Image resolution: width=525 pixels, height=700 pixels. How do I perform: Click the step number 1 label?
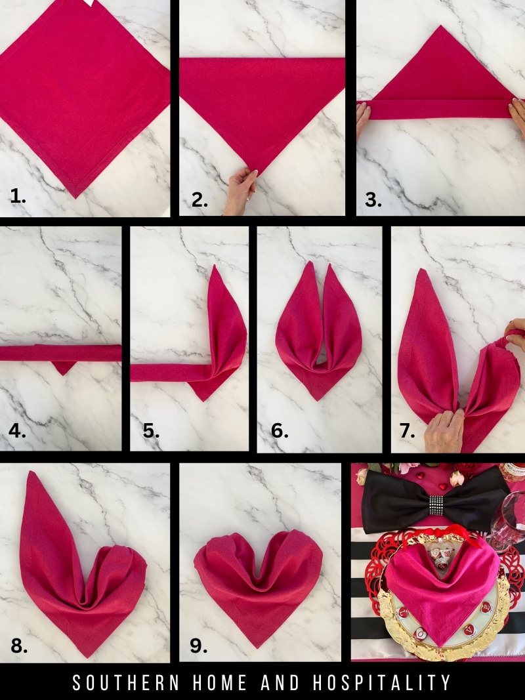(18, 196)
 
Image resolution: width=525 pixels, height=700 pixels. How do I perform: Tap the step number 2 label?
(199, 201)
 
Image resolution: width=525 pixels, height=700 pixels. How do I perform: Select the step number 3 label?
(373, 200)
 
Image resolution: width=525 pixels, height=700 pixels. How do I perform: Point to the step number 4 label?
(18, 431)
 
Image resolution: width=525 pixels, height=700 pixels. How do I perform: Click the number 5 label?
(152, 431)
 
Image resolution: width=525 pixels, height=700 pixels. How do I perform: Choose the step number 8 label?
(19, 646)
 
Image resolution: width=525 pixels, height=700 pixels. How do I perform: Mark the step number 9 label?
(199, 646)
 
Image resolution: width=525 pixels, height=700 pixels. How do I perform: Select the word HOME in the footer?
(222, 683)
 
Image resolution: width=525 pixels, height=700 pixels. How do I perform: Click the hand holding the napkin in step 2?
(241, 190)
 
